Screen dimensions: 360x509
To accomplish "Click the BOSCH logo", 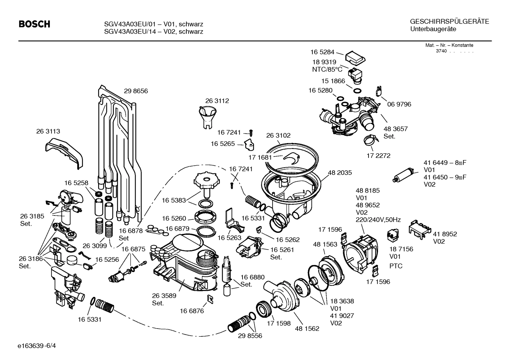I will point(34,24).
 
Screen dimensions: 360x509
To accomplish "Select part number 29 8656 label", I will point(136,91).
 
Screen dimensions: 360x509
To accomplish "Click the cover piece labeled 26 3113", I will point(64,152).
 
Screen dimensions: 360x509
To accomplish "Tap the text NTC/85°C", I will point(327,70).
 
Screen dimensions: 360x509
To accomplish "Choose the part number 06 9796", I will point(399,105).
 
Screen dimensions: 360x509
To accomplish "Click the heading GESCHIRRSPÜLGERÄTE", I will point(449,22).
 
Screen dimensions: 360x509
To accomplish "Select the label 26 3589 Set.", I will point(164,300).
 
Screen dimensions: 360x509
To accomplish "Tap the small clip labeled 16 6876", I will point(210,299).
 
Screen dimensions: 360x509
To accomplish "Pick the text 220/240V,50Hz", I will point(378,220).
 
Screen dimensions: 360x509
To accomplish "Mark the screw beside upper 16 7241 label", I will point(251,132).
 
